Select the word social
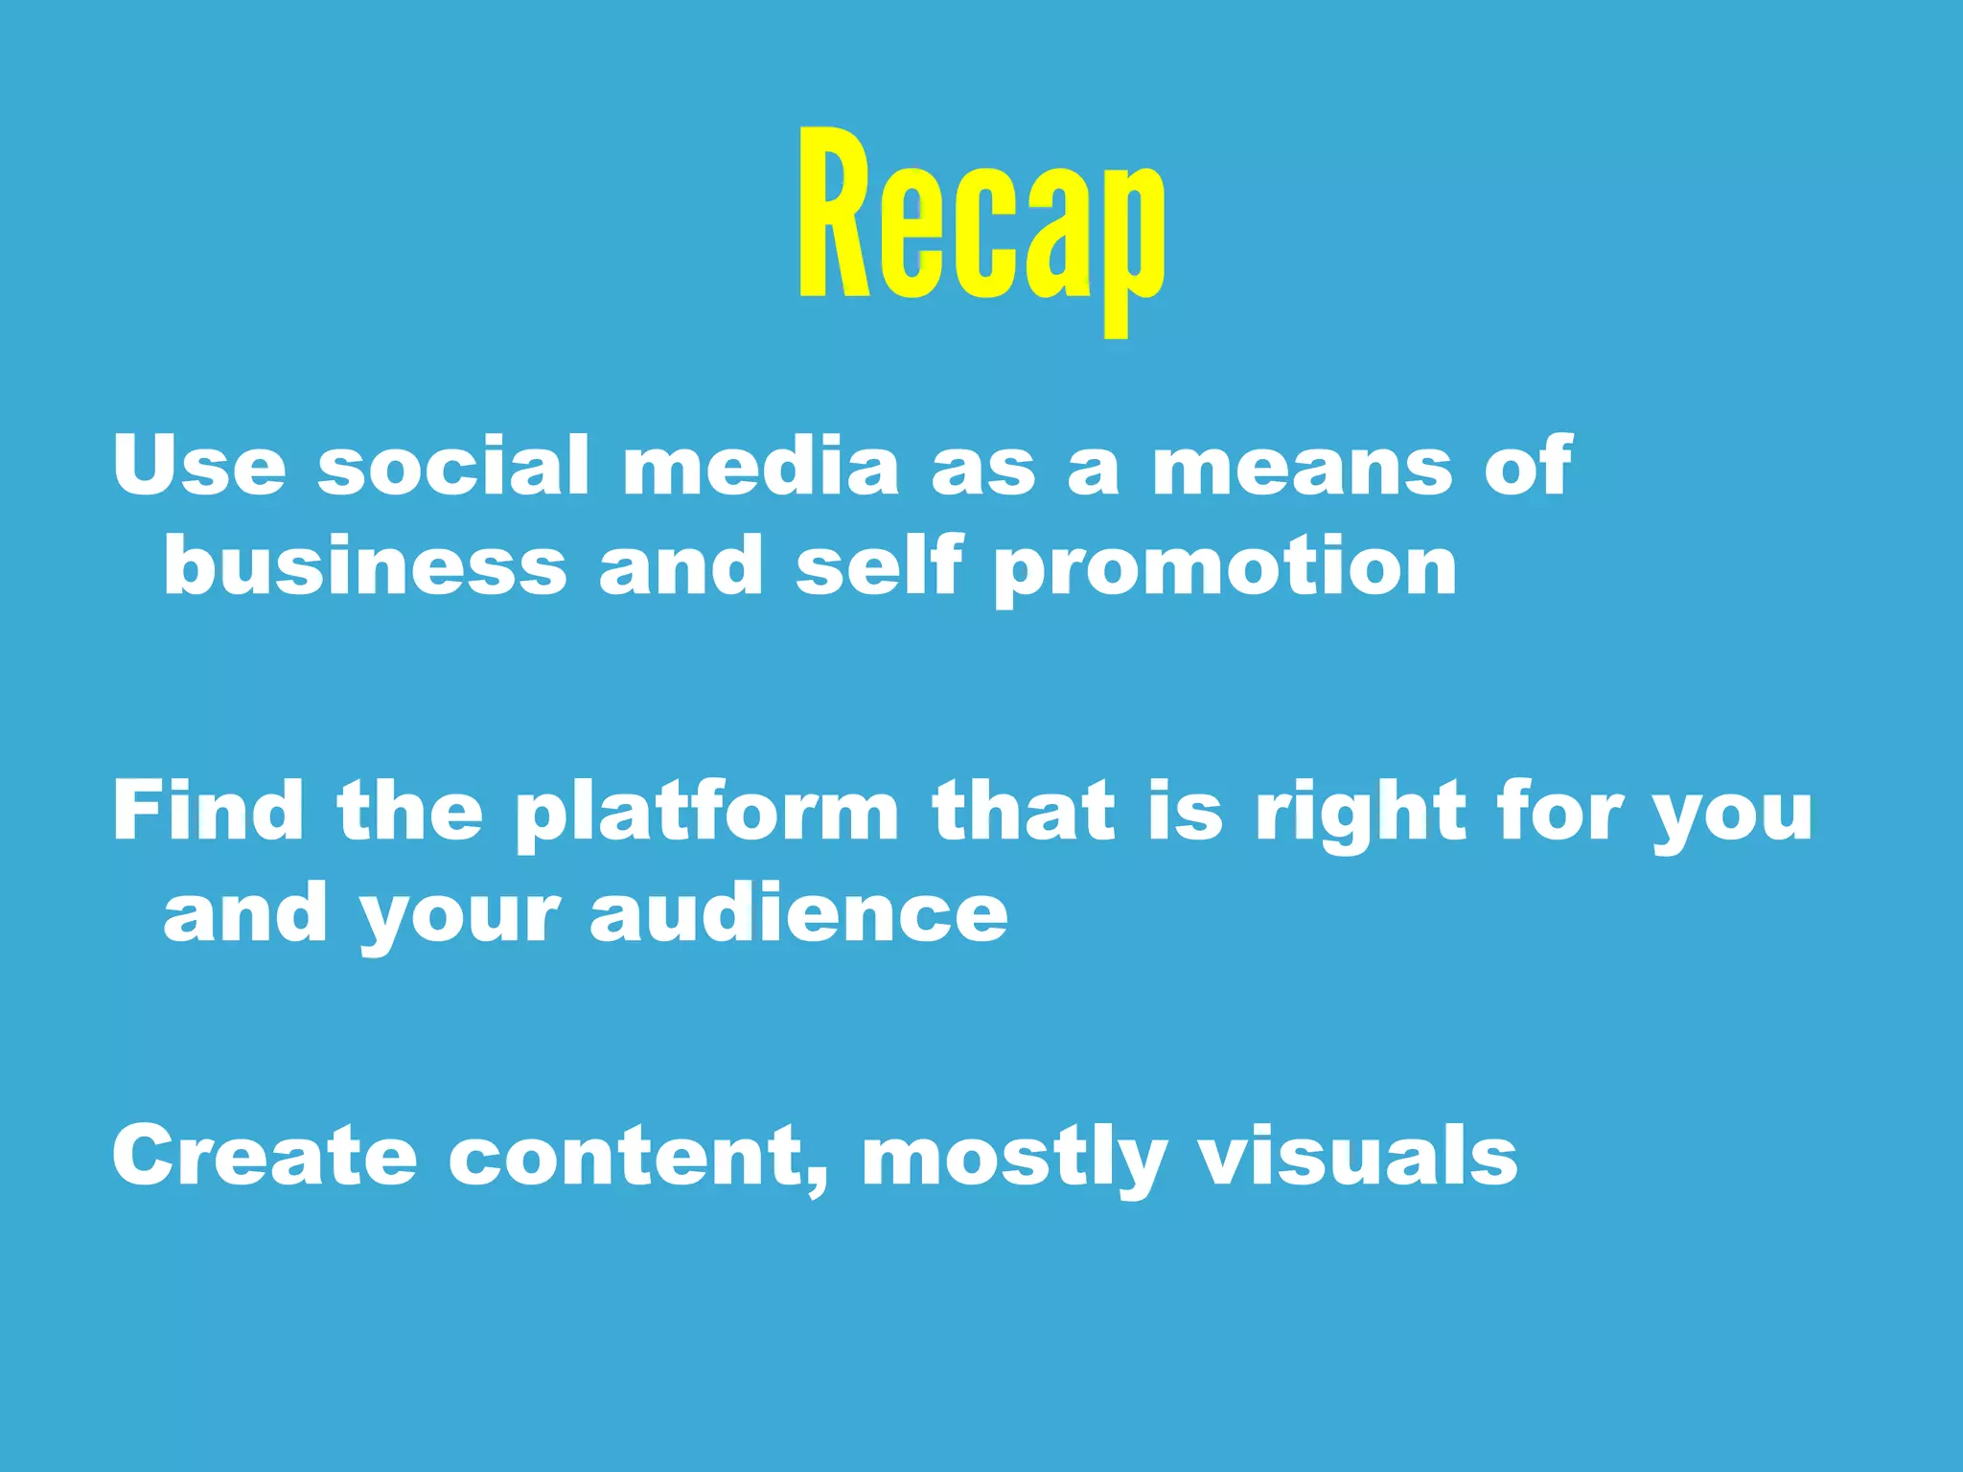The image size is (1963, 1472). pos(453,466)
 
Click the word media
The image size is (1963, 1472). pos(761,466)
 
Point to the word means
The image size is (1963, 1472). pos(1302,466)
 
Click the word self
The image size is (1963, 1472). pos(878,567)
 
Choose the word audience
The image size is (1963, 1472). pos(798,913)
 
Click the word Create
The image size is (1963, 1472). pos(265,1156)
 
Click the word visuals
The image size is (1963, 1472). pos(1358,1156)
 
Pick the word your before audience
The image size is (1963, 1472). pos(459,920)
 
